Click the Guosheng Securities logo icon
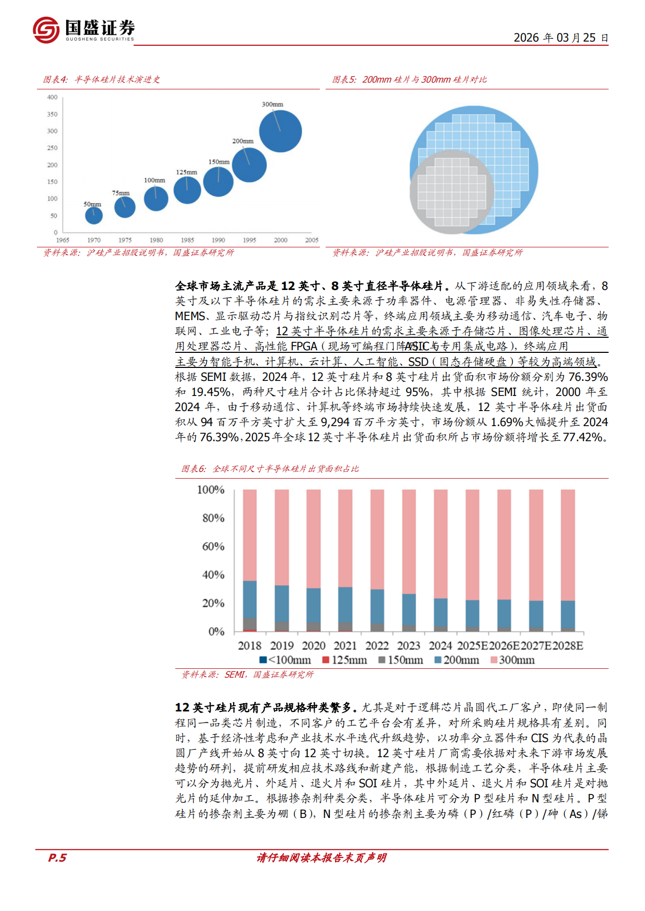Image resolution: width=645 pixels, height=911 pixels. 46,30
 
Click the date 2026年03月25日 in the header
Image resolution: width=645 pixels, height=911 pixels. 561,38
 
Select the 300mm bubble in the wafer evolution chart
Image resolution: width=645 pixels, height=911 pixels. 280,131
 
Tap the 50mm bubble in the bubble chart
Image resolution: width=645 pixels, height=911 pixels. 94,215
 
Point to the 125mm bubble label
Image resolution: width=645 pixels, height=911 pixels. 186,172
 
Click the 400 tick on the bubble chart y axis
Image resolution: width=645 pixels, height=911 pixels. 53,97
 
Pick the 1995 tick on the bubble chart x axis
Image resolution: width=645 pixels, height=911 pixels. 249,240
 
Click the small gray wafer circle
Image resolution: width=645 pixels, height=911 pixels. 451,192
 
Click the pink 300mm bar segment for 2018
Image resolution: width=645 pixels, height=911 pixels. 250,535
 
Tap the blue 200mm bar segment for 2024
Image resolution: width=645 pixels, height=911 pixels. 441,612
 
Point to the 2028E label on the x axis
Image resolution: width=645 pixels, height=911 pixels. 567,645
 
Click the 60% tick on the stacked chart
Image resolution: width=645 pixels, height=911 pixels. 213,546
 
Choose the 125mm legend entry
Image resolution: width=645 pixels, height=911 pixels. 344,660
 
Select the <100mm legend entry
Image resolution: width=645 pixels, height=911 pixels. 285,660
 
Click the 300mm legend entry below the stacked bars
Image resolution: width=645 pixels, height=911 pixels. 512,660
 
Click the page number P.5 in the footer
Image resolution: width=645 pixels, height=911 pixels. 57,857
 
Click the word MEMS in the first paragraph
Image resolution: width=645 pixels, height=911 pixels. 190,316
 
